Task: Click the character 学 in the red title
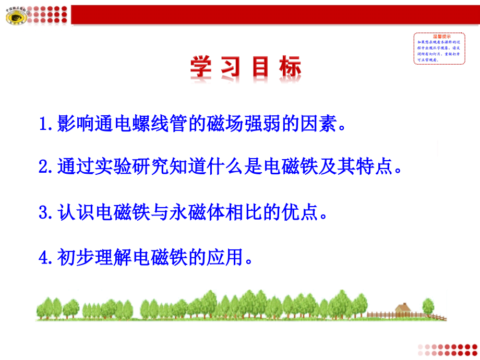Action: pos(201,69)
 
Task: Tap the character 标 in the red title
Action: pos(289,69)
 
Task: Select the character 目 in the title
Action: pos(259,69)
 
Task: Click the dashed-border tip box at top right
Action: pos(439,48)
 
